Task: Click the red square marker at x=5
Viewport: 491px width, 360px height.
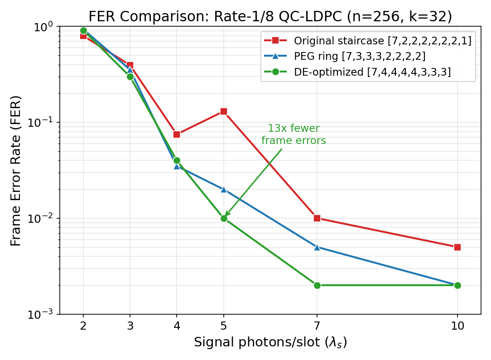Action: (x=223, y=111)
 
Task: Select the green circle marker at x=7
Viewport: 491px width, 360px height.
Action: (x=317, y=285)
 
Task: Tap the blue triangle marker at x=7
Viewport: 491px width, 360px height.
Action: (x=317, y=247)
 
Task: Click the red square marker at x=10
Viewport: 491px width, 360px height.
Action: (x=457, y=247)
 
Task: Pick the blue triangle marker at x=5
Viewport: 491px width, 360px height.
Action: (x=223, y=189)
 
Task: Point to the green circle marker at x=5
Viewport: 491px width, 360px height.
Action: (x=223, y=218)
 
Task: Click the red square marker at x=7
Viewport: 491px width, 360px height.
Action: (x=317, y=218)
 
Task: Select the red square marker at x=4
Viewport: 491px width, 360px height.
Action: (x=177, y=134)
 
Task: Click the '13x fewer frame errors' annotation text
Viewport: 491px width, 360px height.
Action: (x=294, y=134)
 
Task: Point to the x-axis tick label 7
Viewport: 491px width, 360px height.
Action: (x=317, y=326)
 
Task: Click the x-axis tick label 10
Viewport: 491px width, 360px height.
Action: (x=457, y=326)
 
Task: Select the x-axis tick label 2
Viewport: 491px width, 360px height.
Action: (x=83, y=326)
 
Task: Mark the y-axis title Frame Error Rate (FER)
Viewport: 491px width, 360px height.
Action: (x=16, y=170)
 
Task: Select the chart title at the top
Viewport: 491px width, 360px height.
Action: (x=270, y=16)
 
